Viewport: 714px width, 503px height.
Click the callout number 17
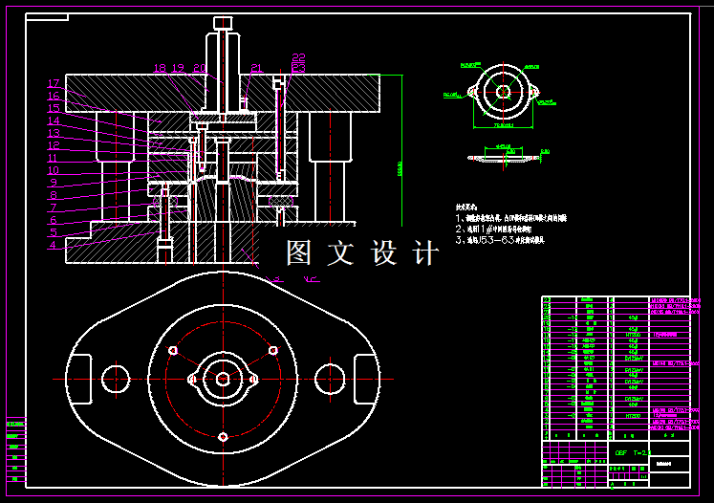coord(54,84)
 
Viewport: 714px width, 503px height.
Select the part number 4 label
coord(54,246)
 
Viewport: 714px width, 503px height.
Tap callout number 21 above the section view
coord(256,69)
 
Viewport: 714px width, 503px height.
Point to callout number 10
coord(54,171)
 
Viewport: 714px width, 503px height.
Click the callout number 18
coord(160,69)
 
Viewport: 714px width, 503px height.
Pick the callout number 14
coord(54,121)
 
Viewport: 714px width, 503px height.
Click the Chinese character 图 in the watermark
coord(300,253)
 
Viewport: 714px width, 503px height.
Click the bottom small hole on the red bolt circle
coord(223,437)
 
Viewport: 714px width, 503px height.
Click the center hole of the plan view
coord(223,379)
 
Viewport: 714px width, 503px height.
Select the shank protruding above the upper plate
coord(224,53)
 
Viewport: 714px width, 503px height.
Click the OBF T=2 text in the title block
coord(632,451)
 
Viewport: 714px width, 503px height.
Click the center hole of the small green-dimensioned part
coord(503,92)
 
